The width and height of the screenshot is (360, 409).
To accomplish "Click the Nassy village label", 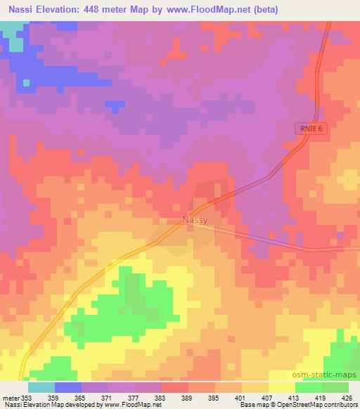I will click(x=194, y=221).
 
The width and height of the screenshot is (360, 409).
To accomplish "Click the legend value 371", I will click(x=95, y=398).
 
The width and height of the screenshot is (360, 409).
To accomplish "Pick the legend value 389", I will click(x=174, y=398).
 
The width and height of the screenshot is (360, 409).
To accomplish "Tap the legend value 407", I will click(x=254, y=398).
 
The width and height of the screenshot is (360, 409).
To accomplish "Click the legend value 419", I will click(x=307, y=398).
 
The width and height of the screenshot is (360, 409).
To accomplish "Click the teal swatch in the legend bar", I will click(x=41, y=387).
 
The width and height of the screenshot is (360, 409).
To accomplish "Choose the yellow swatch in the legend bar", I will click(x=282, y=387).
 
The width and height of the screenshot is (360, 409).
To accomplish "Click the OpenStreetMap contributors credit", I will click(x=321, y=405).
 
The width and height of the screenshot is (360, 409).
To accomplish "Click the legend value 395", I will click(x=201, y=398).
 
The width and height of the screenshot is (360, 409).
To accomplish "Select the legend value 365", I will click(x=69, y=398).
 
